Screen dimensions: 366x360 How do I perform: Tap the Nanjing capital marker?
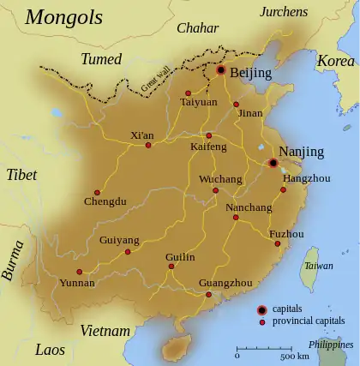click(x=273, y=163)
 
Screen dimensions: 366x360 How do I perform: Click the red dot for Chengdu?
click(x=97, y=192)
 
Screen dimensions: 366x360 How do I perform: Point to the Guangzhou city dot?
click(x=209, y=295)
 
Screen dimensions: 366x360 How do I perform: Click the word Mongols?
click(x=63, y=16)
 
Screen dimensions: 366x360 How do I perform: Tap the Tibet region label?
click(x=22, y=175)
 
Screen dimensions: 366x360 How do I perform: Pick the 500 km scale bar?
click(x=266, y=349)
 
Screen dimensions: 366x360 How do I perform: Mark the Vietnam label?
click(x=105, y=331)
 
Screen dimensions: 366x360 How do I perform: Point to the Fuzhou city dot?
click(x=278, y=244)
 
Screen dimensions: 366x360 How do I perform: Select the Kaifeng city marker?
click(x=208, y=135)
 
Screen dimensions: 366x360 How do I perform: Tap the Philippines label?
click(x=332, y=344)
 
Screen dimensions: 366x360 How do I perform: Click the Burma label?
click(x=13, y=261)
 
